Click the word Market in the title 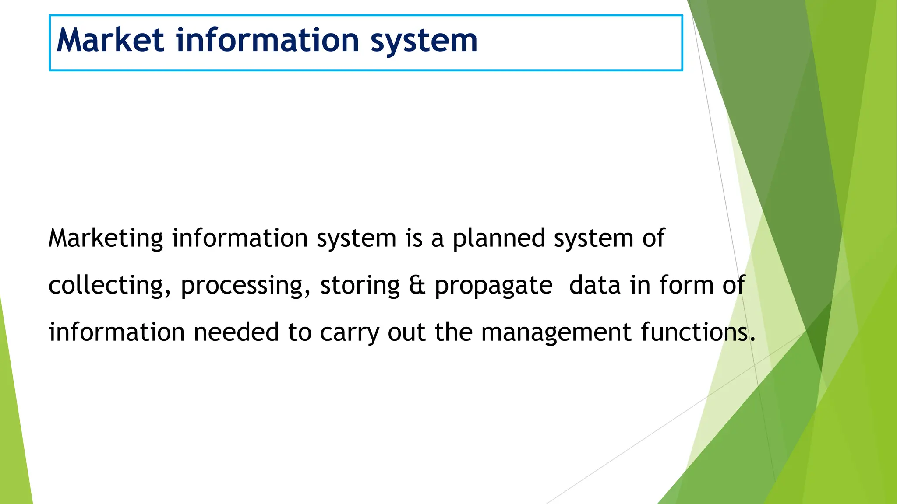point(110,40)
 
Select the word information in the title point(267,40)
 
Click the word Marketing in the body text point(106,239)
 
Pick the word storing point(360,286)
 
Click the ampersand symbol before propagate point(417,286)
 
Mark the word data point(595,286)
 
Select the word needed point(236,332)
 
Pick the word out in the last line point(406,332)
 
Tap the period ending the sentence point(752,339)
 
